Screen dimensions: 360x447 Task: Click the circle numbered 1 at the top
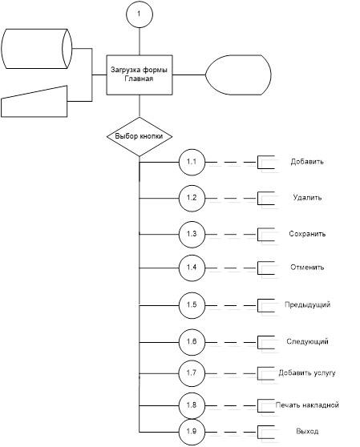click(x=140, y=14)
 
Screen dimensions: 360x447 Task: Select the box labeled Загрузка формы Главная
click(x=140, y=75)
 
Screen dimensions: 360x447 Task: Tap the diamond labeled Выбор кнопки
click(x=140, y=136)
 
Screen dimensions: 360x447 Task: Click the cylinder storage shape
click(x=37, y=48)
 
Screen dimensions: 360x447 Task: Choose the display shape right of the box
click(x=238, y=75)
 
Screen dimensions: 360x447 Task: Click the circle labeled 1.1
click(x=192, y=162)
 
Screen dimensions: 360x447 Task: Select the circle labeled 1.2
click(x=192, y=199)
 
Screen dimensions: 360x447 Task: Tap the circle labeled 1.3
click(x=192, y=235)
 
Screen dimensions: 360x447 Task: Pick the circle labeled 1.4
click(x=192, y=268)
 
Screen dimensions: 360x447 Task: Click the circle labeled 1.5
click(x=192, y=305)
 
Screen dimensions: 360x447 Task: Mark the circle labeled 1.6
click(x=192, y=342)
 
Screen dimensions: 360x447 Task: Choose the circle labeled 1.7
click(x=192, y=373)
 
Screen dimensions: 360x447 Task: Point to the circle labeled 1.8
click(x=192, y=405)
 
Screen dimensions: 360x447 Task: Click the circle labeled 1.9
click(x=192, y=432)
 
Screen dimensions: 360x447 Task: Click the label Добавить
click(x=307, y=162)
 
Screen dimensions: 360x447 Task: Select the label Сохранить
click(x=307, y=234)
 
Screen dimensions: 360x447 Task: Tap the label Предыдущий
click(x=308, y=304)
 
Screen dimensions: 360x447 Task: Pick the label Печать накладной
click(x=307, y=405)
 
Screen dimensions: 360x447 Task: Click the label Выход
click(x=307, y=431)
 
